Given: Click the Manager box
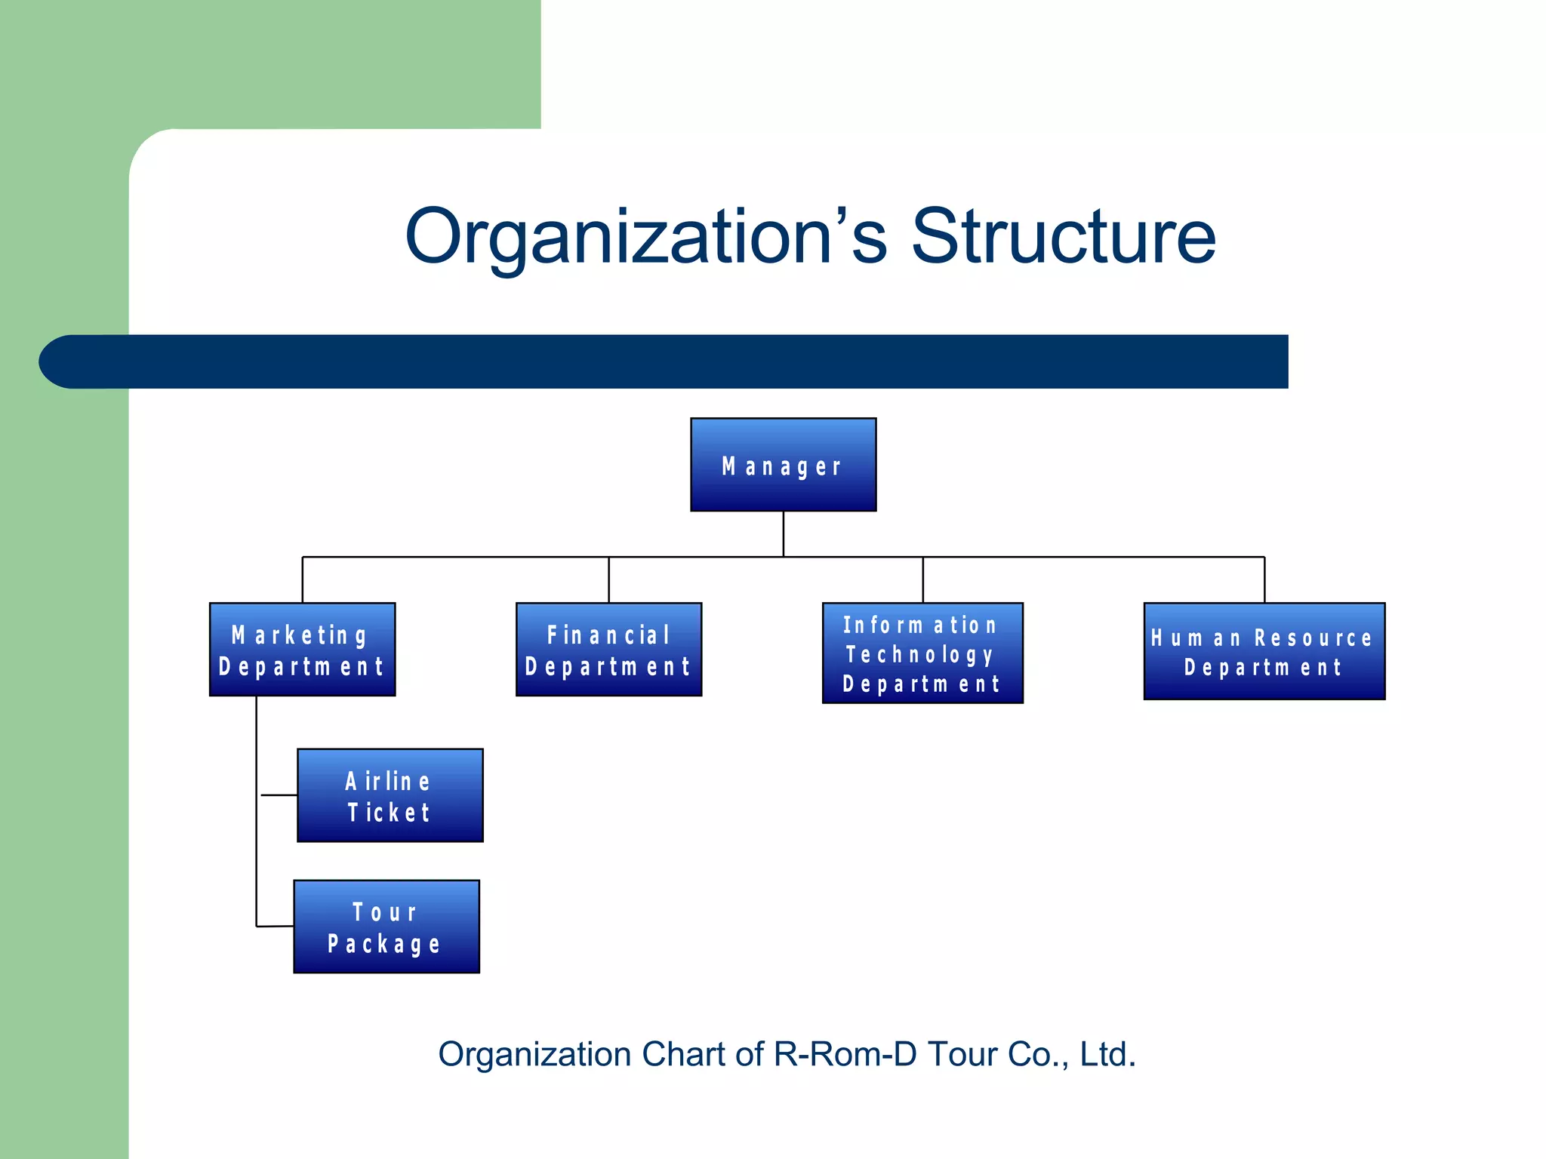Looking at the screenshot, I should click(783, 465).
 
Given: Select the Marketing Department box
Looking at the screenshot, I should click(302, 649).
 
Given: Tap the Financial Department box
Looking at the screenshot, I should click(608, 649).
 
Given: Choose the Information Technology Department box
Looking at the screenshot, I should click(922, 653).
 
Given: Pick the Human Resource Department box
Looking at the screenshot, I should click(1264, 651).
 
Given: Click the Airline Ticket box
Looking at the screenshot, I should click(390, 795).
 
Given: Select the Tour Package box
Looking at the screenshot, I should click(386, 927).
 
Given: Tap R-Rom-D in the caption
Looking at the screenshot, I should click(845, 1054).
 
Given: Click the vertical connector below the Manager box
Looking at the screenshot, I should click(784, 533).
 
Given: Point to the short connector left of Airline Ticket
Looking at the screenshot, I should click(279, 795).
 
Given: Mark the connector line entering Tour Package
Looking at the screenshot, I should click(275, 926).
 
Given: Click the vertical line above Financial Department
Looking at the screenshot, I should click(608, 579).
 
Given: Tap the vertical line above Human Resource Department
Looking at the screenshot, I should click(1264, 579).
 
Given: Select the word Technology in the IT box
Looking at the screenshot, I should click(919, 654).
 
